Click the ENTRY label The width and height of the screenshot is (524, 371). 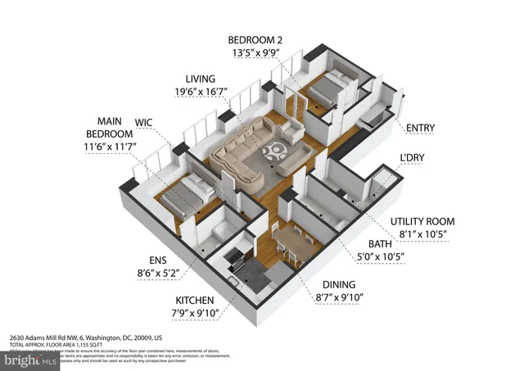(x=420, y=128)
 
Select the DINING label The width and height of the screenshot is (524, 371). (x=337, y=284)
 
